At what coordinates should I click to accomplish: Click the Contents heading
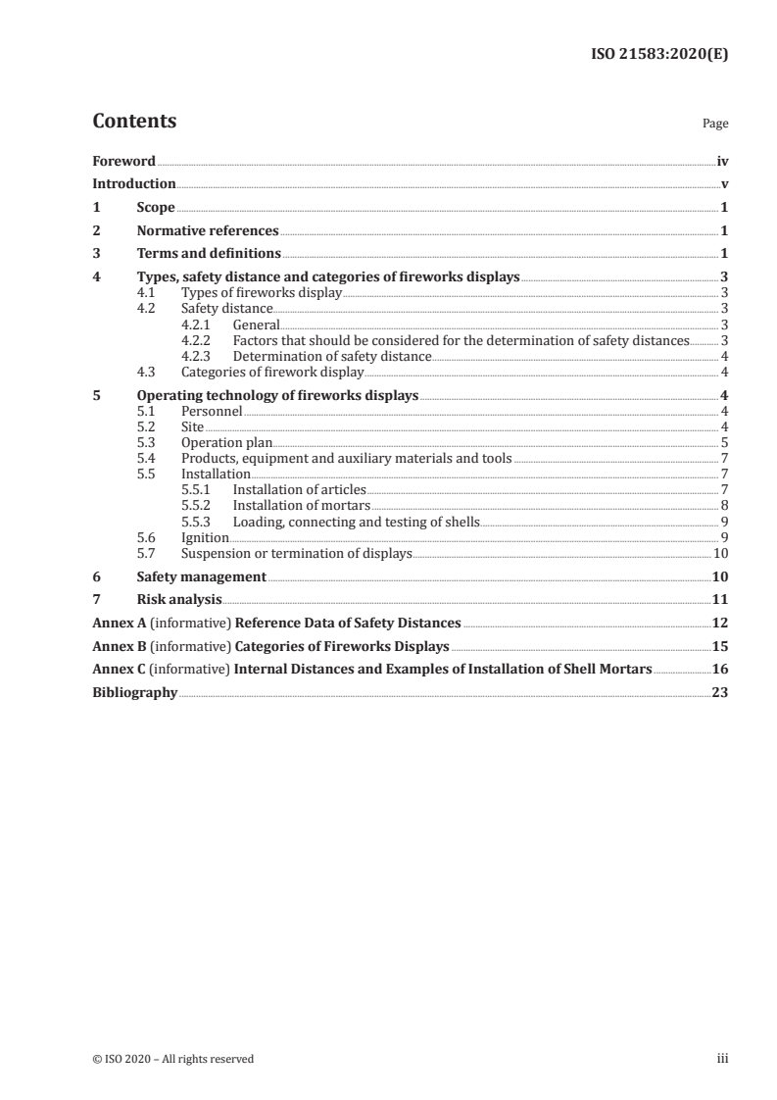134,122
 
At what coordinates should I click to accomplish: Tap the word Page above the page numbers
714,125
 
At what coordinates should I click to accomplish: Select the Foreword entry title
123,161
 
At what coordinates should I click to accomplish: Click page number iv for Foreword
721,161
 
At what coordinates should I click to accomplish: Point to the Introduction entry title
134,184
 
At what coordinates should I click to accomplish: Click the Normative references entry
208,231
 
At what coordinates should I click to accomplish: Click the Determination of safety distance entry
331,356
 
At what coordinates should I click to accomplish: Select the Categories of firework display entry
272,373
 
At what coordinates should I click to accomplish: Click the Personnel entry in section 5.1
212,412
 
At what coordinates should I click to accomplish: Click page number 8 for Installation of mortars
723,506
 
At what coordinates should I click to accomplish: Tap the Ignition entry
205,537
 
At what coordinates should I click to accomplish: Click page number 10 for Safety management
719,576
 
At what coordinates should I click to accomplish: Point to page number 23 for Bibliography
719,692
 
